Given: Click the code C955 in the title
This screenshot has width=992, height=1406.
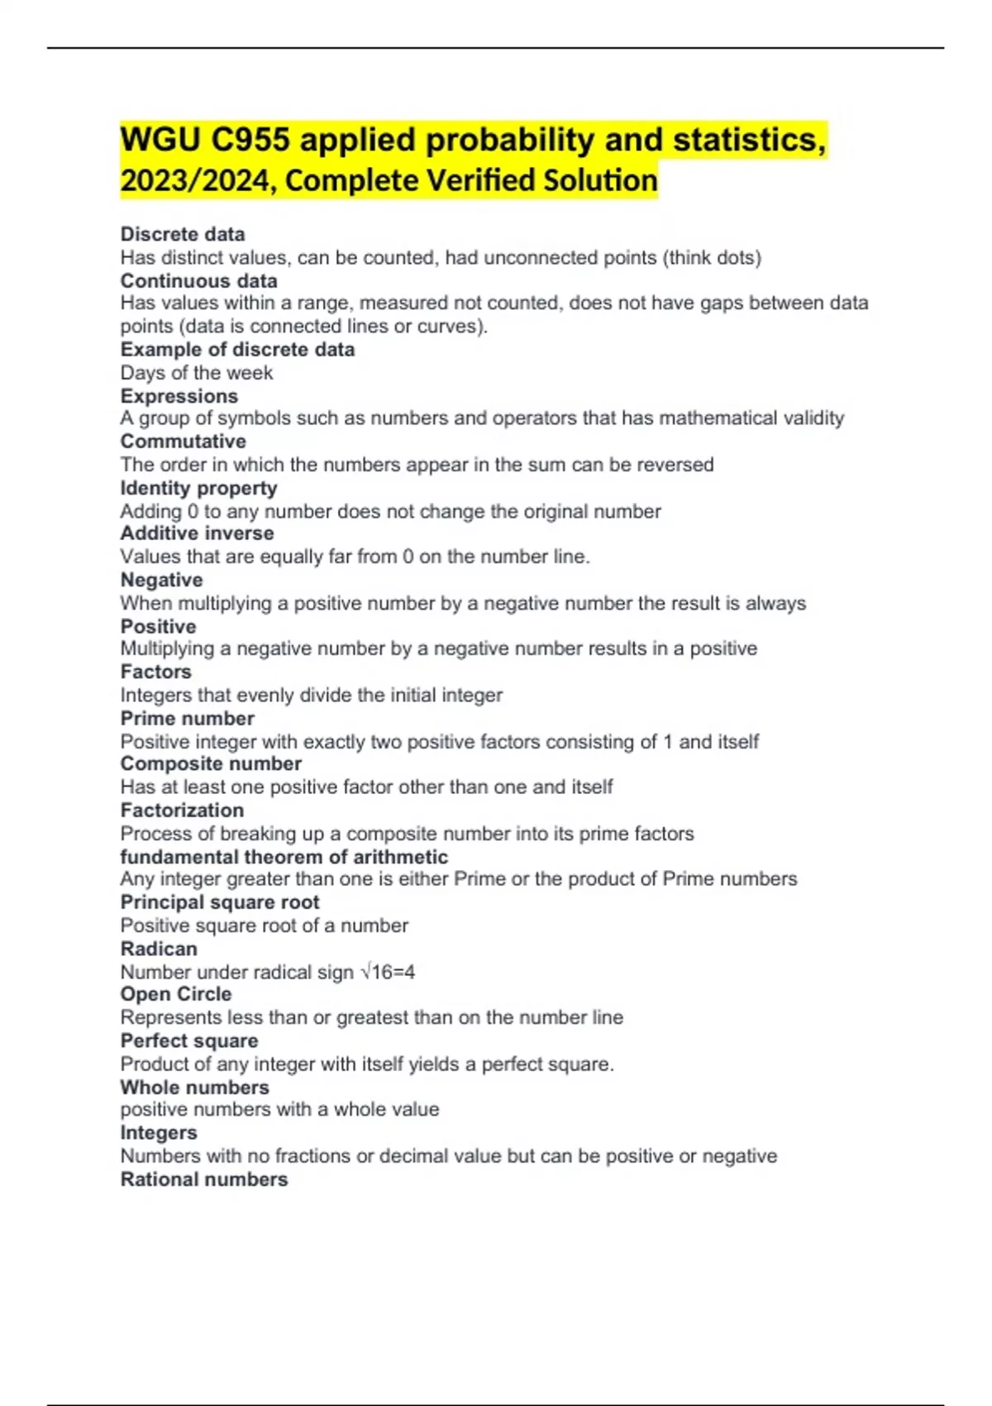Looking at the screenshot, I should tap(250, 140).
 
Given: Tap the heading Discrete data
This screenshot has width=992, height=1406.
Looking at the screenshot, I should tap(183, 234).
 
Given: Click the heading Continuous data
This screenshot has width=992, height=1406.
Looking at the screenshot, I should tap(198, 280).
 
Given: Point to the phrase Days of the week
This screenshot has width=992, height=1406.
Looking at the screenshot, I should tap(197, 373).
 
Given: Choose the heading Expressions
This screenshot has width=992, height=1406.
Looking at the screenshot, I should tap(179, 396).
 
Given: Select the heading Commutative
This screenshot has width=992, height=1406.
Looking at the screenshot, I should tap(184, 441).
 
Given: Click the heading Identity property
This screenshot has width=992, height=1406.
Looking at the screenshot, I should tap(198, 488).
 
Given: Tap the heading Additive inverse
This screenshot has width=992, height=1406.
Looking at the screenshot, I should tap(197, 533).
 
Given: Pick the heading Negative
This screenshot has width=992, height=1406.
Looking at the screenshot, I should tap(161, 580).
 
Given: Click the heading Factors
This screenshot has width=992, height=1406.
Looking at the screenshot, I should tap(155, 672).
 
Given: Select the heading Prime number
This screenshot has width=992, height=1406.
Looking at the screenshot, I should tap(188, 718).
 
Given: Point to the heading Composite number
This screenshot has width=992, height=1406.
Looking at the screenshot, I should tap(211, 763).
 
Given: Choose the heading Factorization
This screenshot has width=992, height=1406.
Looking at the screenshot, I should tap(182, 810).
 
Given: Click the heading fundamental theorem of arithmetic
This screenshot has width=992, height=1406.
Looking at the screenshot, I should tap(284, 857).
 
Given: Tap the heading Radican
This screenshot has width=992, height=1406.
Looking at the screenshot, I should tap(159, 949).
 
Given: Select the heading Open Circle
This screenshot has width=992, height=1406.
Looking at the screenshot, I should tap(176, 994).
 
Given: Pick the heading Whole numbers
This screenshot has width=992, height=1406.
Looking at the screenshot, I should tap(195, 1087).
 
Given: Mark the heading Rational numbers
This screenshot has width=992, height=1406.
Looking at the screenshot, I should tap(204, 1179).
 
